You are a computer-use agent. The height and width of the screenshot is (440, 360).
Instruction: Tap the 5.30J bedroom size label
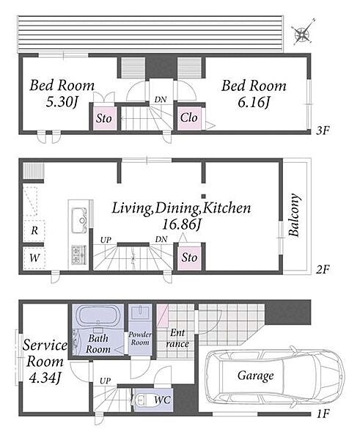click(62, 103)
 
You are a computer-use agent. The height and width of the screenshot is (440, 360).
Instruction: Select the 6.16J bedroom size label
click(254, 103)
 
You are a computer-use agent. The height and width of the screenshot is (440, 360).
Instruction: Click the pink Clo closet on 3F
click(189, 118)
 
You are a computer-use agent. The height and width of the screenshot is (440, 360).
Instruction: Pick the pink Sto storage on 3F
click(104, 118)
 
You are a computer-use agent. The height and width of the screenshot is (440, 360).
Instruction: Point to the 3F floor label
click(323, 131)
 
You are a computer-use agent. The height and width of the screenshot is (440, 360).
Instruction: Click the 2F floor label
click(323, 270)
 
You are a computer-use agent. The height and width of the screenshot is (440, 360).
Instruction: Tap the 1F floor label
click(323, 414)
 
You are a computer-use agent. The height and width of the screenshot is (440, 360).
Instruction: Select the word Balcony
click(294, 215)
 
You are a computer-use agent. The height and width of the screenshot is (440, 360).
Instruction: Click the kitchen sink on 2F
click(79, 221)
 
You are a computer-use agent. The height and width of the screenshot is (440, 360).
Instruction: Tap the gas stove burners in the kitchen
click(79, 254)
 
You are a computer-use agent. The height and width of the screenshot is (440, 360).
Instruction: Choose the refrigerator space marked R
click(34, 231)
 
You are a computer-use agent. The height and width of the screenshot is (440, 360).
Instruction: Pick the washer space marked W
click(34, 257)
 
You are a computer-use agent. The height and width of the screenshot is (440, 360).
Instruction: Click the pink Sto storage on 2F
click(189, 257)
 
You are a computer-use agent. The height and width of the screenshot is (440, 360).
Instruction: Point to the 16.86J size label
click(182, 224)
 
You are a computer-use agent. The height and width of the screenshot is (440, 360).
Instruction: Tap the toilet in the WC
click(140, 400)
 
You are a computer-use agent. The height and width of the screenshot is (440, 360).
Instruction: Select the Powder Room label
click(140, 338)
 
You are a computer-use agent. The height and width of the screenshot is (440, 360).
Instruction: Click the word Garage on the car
click(255, 375)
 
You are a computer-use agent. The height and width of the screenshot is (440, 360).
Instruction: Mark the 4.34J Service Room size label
click(45, 378)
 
